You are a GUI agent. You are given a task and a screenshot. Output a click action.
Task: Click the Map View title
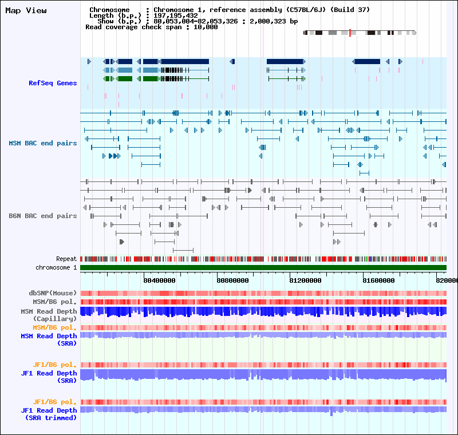26,10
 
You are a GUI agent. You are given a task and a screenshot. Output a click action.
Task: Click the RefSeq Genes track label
53,83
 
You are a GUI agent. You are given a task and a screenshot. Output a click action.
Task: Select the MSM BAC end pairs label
42,143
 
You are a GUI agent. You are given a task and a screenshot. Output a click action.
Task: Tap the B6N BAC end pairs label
42,216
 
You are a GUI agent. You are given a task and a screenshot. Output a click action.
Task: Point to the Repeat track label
66,259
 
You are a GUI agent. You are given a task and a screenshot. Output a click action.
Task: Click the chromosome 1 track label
56,267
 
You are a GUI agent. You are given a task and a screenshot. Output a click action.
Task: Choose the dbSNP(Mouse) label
53,293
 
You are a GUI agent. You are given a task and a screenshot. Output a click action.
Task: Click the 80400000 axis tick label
159,280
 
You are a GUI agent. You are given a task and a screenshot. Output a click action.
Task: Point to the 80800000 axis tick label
232,280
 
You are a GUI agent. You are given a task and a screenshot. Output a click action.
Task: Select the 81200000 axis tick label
305,280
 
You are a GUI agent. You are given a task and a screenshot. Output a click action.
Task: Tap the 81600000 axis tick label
378,280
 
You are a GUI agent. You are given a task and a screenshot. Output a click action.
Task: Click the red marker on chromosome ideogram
350,33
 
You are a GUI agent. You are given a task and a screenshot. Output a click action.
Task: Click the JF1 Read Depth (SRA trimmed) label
49,414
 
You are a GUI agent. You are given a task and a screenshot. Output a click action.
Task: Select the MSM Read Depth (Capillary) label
49,315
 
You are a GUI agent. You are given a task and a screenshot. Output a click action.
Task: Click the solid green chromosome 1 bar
263,267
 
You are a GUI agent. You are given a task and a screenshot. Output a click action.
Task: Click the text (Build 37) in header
350,10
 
